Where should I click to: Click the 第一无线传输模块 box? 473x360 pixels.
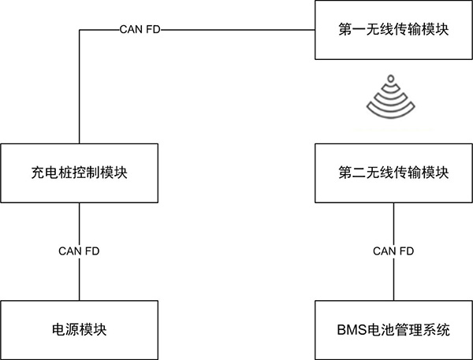(x=393, y=31)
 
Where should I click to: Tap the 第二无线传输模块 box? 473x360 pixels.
(x=393, y=173)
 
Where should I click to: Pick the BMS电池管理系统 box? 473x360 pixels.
(x=393, y=328)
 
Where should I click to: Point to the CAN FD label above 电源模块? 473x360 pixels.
(x=79, y=251)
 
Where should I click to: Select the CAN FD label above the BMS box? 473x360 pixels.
(x=393, y=251)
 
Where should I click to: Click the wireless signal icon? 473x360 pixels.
(x=393, y=96)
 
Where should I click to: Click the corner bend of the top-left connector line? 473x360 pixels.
(x=79, y=31)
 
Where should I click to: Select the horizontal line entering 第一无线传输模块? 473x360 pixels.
(x=236, y=31)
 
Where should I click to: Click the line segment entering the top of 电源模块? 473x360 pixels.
(x=79, y=280)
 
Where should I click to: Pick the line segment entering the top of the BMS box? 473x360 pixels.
(x=393, y=280)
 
